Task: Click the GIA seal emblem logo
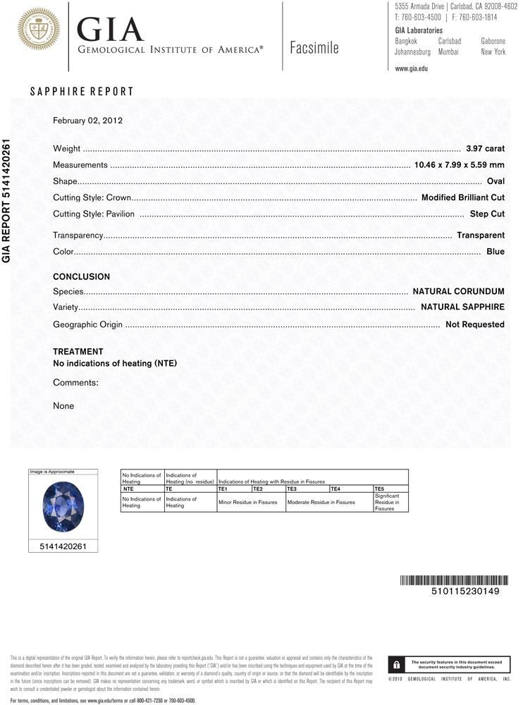[39, 29]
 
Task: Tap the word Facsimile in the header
[314, 49]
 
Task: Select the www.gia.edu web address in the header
[412, 68]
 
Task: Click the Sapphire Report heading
[82, 92]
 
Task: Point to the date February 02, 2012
[88, 121]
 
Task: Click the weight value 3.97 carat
[485, 149]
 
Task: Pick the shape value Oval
[496, 182]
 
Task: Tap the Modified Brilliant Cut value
[462, 198]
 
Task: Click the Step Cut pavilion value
[487, 214]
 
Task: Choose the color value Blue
[496, 251]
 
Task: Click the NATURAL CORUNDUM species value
[458, 291]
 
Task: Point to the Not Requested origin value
[474, 325]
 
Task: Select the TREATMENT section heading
[78, 352]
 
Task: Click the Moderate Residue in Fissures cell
[321, 502]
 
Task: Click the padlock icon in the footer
[397, 665]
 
